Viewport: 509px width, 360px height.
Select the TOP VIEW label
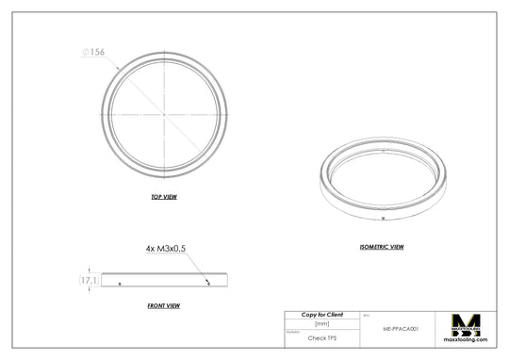click(164, 197)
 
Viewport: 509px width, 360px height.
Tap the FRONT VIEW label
click(164, 305)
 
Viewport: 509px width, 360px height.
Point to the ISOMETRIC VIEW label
click(382, 247)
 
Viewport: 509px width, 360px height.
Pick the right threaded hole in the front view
click(208, 282)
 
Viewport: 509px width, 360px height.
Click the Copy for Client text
click(322, 314)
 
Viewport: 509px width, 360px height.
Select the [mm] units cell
click(322, 323)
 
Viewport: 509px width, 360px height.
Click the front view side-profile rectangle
click(164, 280)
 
